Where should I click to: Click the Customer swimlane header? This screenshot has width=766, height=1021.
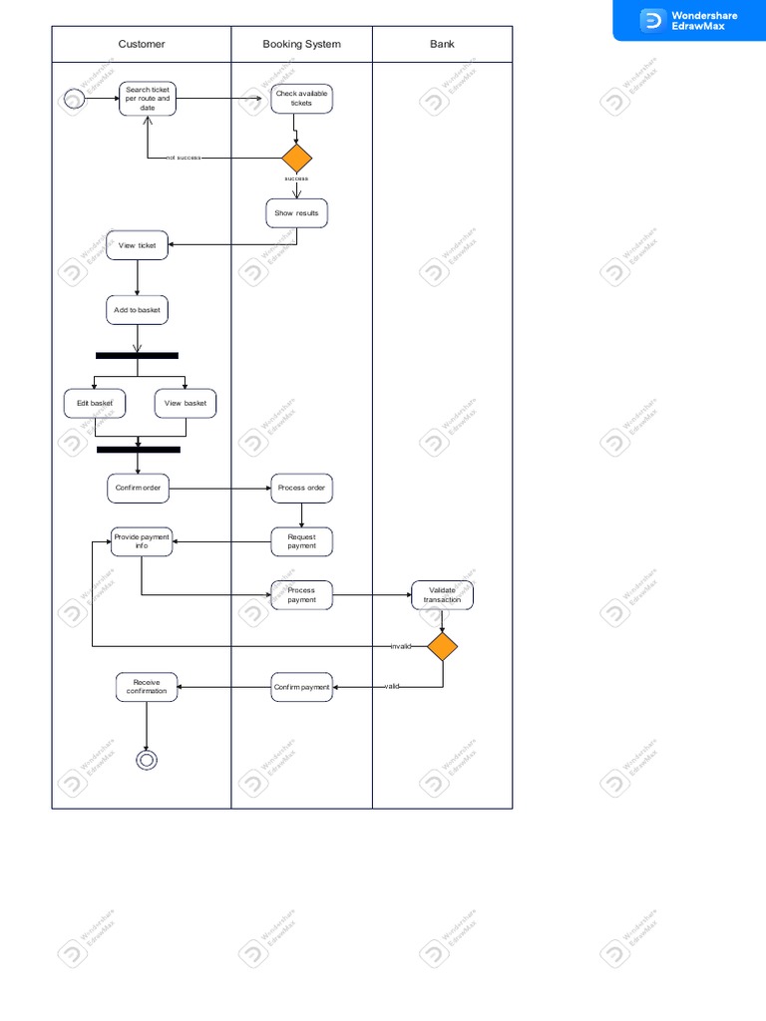(x=142, y=44)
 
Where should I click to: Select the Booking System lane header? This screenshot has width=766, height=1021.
(x=301, y=44)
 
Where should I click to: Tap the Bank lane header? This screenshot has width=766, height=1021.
(x=442, y=44)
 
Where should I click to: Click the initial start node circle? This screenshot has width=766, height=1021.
(x=73, y=99)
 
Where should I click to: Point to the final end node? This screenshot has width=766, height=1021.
(x=147, y=760)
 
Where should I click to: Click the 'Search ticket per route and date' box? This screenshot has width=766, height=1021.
(x=148, y=99)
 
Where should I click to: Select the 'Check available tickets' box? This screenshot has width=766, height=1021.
(x=301, y=99)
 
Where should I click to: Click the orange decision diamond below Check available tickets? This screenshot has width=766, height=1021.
(x=296, y=159)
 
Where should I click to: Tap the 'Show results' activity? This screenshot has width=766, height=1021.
(x=296, y=213)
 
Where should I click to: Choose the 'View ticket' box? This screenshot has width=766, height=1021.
(x=138, y=245)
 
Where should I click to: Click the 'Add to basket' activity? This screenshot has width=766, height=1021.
(x=138, y=310)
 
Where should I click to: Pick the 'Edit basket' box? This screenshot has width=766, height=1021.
(x=95, y=403)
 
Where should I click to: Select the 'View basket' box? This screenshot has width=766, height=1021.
(x=186, y=403)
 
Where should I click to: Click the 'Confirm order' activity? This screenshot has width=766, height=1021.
(x=138, y=488)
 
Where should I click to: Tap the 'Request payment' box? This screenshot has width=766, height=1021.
(x=301, y=541)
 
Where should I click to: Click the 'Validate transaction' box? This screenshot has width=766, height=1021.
(x=442, y=595)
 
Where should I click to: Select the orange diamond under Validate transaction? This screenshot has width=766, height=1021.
(x=442, y=646)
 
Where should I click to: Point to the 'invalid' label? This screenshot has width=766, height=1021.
(x=401, y=646)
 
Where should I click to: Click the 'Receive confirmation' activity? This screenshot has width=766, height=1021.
(x=147, y=686)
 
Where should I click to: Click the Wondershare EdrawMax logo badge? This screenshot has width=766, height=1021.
(x=689, y=20)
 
